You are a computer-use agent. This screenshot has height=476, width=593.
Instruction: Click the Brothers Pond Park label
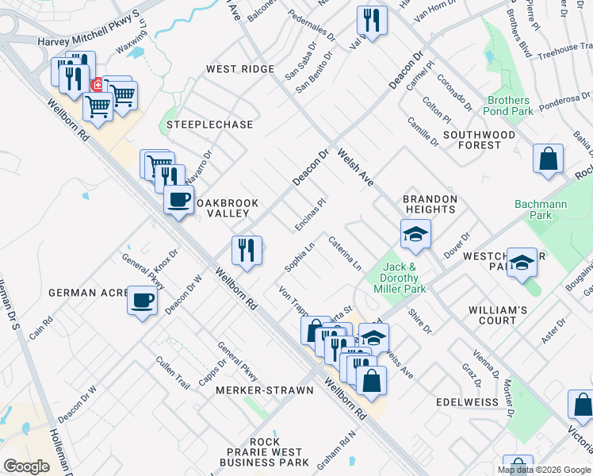509,106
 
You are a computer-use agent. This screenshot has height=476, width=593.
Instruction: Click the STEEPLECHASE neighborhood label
209,125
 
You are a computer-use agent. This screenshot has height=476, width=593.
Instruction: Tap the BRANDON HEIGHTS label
430,204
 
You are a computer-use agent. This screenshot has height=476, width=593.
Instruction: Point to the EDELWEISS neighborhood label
468,402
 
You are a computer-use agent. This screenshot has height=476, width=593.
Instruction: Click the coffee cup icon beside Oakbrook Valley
179,198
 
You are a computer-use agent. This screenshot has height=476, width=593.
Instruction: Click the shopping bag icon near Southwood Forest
548,159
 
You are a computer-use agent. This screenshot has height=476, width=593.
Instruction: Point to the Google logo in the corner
26,466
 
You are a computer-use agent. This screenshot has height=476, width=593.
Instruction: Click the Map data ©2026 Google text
544,470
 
